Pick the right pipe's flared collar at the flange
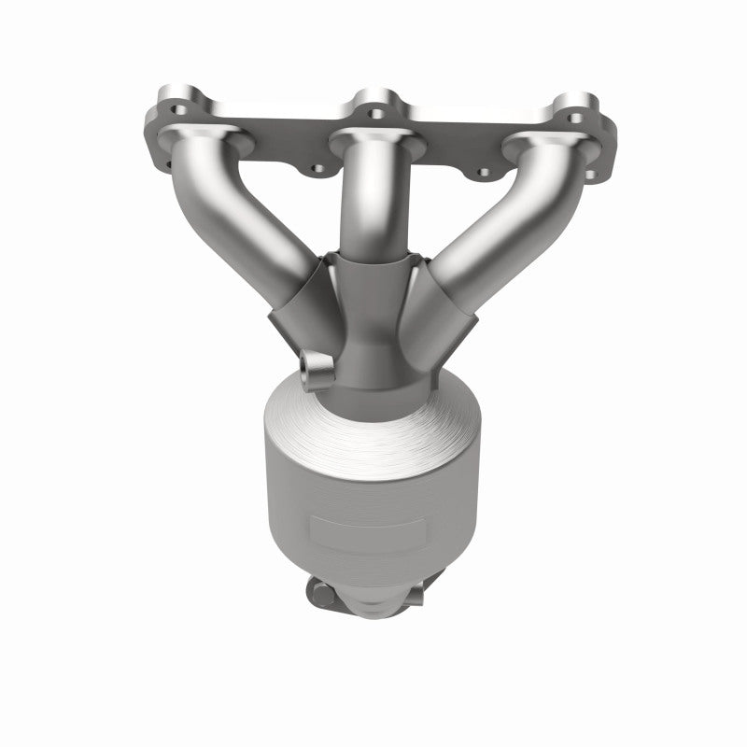(542, 140)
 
